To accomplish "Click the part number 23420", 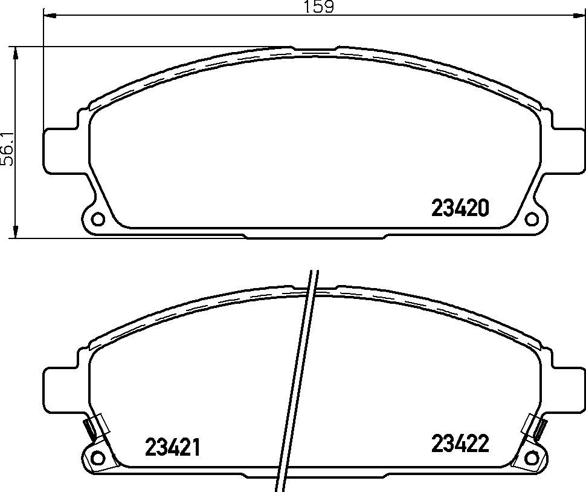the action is click(x=460, y=208).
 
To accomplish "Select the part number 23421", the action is click(x=172, y=447).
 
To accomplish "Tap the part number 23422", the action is click(x=460, y=444).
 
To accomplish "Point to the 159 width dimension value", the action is click(x=318, y=7).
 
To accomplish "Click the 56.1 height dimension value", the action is click(x=7, y=149).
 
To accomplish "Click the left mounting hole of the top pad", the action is click(x=98, y=218).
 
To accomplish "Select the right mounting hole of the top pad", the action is click(x=531, y=218).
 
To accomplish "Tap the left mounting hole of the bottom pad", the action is click(x=98, y=458).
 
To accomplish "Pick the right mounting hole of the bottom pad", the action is click(x=531, y=458).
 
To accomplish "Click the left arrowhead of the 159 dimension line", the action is click(x=50, y=15).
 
